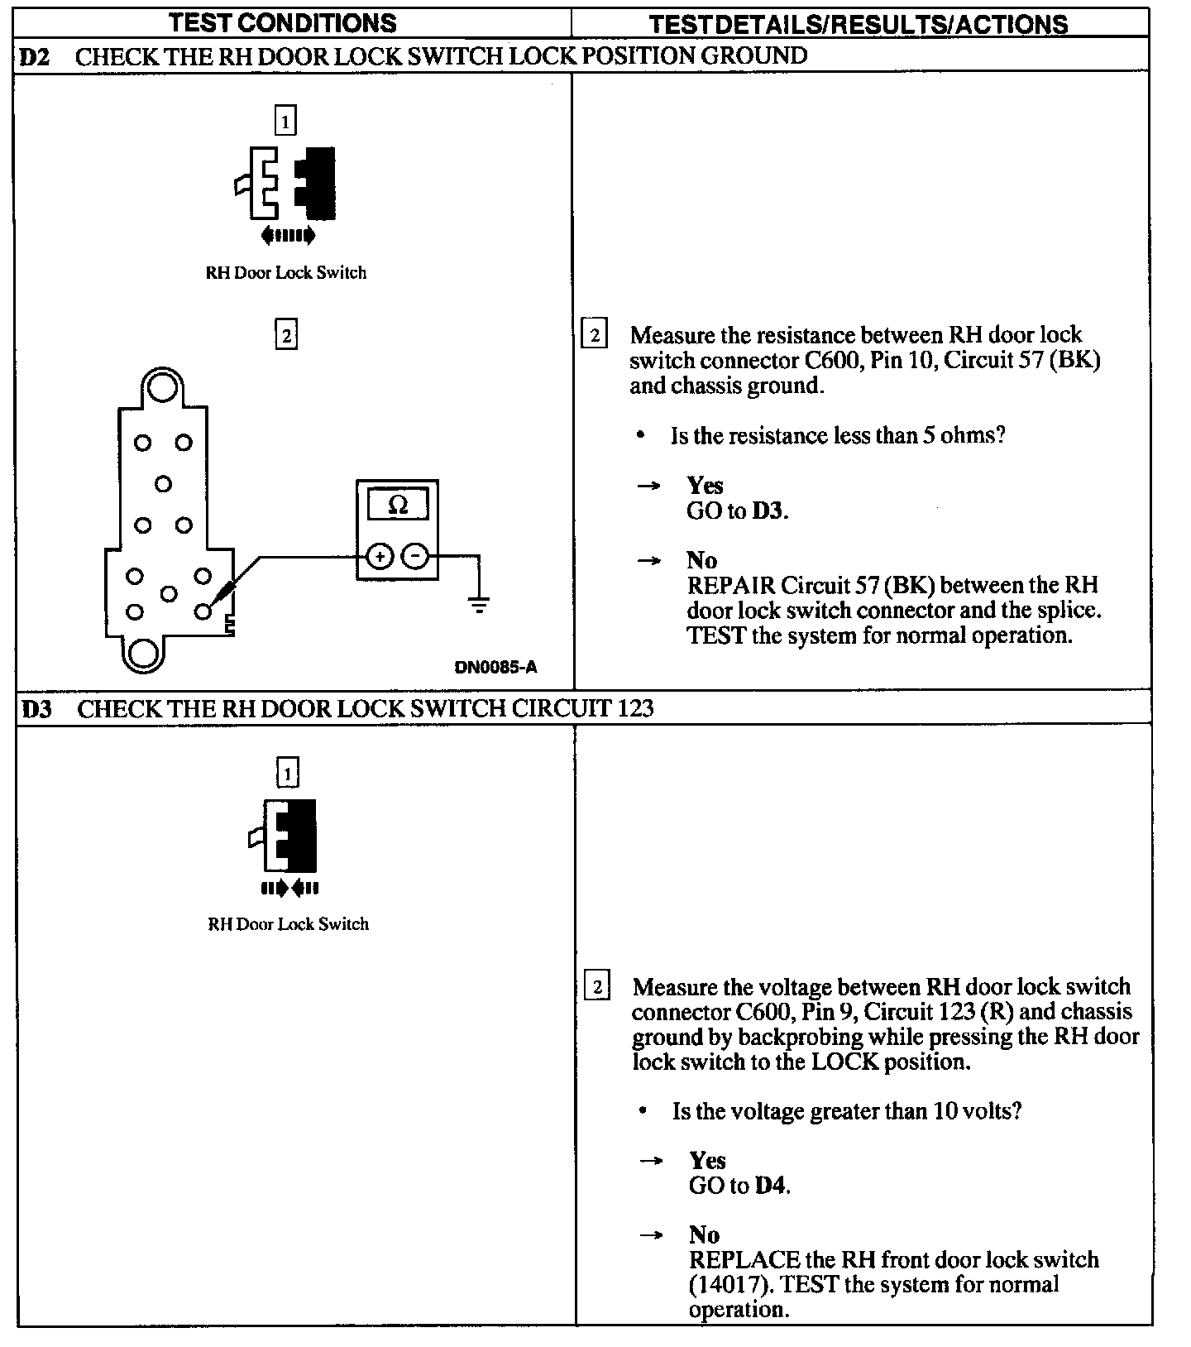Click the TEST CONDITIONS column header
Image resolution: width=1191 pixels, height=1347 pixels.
283,23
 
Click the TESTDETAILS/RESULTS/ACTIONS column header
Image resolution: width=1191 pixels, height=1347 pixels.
859,25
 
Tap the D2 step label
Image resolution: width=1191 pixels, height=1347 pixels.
34,56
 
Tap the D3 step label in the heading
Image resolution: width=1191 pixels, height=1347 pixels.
36,709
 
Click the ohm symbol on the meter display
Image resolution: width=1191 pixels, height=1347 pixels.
398,505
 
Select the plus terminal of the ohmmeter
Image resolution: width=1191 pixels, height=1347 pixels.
380,557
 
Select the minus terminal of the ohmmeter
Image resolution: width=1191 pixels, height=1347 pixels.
415,557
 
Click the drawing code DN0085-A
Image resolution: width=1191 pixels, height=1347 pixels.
495,668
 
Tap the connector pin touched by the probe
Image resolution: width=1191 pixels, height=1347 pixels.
203,611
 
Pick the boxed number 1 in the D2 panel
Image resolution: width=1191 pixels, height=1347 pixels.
285,122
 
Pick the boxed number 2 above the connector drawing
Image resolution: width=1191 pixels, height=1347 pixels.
285,335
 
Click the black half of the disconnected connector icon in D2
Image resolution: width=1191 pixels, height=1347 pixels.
316,184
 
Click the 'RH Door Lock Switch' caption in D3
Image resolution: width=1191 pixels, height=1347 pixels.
288,924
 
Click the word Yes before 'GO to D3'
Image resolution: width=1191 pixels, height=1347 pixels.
705,486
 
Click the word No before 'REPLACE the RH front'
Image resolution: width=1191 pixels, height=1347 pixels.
704,1235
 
